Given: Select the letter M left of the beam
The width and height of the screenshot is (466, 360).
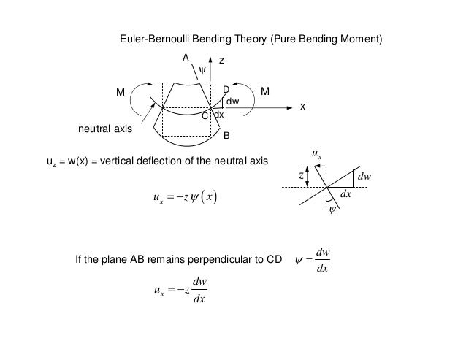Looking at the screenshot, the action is point(121,93).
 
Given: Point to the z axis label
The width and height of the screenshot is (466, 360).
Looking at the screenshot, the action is point(222,63).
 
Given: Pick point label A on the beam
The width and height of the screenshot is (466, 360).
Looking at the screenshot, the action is point(186,57).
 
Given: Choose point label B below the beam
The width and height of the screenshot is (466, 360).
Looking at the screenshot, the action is point(226,137).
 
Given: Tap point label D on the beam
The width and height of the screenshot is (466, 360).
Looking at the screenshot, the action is point(226,90).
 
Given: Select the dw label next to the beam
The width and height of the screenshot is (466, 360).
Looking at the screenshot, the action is point(233,101).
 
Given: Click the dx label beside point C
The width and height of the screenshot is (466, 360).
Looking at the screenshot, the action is point(218,115).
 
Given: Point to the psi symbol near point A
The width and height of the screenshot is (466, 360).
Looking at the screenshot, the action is point(202,70).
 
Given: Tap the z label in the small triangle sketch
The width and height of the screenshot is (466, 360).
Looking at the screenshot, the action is point(300,176).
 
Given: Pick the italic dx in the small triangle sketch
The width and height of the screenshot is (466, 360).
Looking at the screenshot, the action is point(346,195).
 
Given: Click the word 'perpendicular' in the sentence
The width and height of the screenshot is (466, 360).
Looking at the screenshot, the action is point(213,260).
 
